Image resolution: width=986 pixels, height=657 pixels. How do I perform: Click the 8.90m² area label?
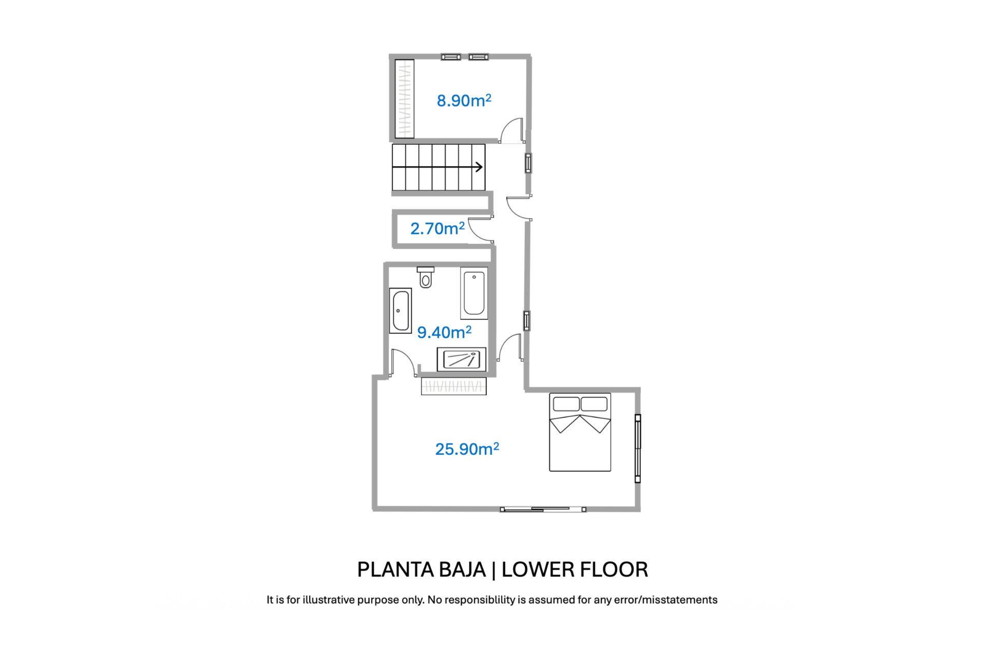(x=464, y=100)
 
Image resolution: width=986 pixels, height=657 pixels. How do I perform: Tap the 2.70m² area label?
(x=437, y=228)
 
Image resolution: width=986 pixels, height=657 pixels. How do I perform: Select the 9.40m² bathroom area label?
(x=444, y=332)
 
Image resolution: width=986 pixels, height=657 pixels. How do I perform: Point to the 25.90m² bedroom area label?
(x=467, y=449)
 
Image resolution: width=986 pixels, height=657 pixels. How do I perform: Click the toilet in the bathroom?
(x=425, y=277)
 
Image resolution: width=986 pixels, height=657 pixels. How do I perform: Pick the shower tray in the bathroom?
(x=461, y=359)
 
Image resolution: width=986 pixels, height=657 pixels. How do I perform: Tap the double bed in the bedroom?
(x=580, y=432)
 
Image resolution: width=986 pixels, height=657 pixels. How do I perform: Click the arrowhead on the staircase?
(x=479, y=167)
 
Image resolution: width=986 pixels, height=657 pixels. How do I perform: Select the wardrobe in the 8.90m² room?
(x=404, y=99)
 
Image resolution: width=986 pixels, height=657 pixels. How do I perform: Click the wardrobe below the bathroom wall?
(x=453, y=386)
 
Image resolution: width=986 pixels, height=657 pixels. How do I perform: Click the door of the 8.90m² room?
(x=512, y=131)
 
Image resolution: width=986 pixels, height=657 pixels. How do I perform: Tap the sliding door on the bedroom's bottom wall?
(x=543, y=509)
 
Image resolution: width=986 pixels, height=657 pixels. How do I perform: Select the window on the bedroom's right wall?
(x=637, y=449)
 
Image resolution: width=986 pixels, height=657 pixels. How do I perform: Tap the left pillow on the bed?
(x=566, y=404)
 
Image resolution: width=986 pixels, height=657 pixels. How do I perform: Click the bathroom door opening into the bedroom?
(x=403, y=363)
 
